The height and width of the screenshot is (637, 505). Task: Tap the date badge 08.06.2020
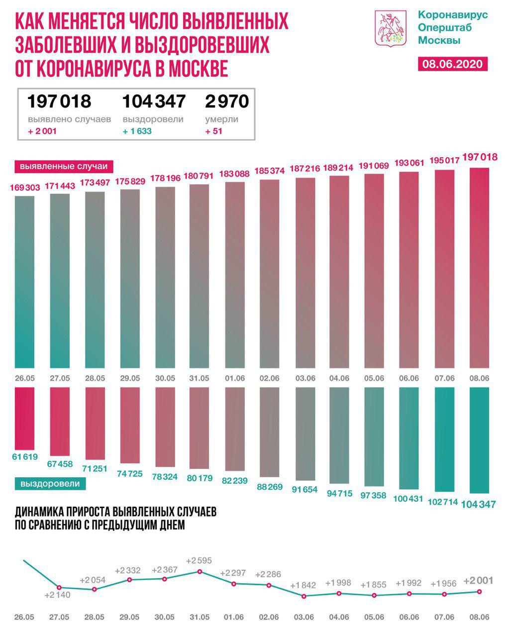click(x=452, y=64)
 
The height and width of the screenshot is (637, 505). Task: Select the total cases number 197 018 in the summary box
click(x=59, y=101)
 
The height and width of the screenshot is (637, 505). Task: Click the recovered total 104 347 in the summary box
click(x=154, y=101)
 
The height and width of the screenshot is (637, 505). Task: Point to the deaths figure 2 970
click(x=226, y=101)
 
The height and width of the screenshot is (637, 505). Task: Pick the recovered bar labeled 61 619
click(x=25, y=418)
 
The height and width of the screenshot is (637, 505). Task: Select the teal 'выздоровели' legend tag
click(x=50, y=483)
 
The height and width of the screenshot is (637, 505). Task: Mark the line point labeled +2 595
click(x=200, y=571)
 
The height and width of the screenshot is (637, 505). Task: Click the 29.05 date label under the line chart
click(x=129, y=618)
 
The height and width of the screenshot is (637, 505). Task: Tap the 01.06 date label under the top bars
click(x=235, y=378)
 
